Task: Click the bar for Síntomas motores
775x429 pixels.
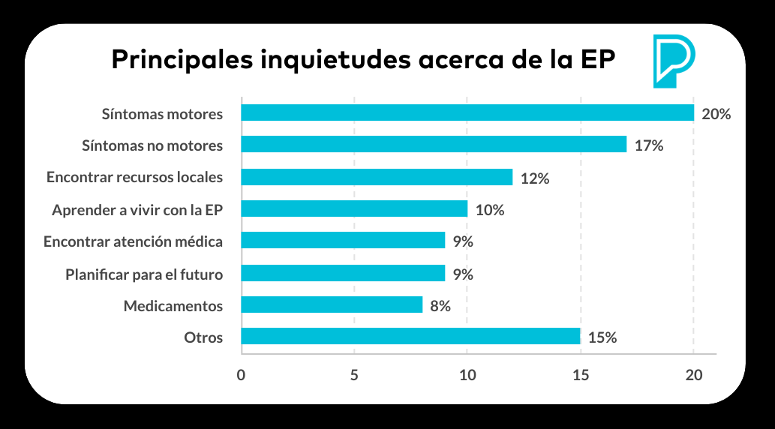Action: tap(467, 113)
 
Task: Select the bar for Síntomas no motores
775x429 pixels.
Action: tap(434, 145)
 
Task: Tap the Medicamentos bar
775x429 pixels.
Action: tap(332, 305)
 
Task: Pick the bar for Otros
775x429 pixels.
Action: tap(410, 337)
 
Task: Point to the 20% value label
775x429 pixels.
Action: tap(716, 114)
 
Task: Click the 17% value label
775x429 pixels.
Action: tap(649, 145)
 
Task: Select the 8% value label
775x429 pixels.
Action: tap(440, 306)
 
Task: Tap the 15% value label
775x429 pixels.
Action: tap(602, 337)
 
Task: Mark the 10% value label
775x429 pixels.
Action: tap(490, 210)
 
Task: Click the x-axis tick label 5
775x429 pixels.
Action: tap(354, 375)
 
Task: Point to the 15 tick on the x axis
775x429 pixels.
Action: tap(580, 375)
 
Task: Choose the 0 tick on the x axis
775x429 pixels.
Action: tap(241, 375)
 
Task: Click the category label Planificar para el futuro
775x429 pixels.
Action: tap(144, 274)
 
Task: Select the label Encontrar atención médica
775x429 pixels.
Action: tap(133, 242)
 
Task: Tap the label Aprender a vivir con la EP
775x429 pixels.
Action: tap(137, 210)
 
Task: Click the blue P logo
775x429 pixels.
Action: tap(673, 60)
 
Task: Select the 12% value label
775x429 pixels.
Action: tap(535, 178)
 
